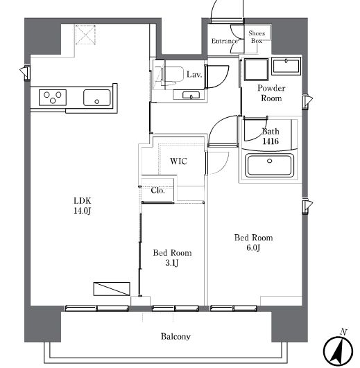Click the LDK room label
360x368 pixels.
coord(83,201)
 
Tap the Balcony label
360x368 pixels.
coord(175,337)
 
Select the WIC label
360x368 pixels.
coord(178,161)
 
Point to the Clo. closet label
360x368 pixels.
coord(158,190)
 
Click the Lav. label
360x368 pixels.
coord(194,75)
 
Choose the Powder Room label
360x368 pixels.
coord(271,93)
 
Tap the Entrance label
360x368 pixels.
coord(224,41)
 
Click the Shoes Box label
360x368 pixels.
coord(257,37)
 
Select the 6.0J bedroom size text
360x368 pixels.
coord(253,248)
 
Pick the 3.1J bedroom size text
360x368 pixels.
coord(172,263)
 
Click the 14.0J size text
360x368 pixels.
coord(82,211)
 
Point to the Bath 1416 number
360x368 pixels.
coord(271,141)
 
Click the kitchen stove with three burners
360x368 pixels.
coord(53,98)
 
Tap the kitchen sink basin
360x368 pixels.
coord(97,98)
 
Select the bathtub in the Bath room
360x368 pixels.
coord(269,166)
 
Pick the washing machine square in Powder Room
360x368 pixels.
coord(256,69)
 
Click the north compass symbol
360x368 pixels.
coord(338,347)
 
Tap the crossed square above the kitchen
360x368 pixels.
coord(85,35)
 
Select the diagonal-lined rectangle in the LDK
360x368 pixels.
coord(112,289)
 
